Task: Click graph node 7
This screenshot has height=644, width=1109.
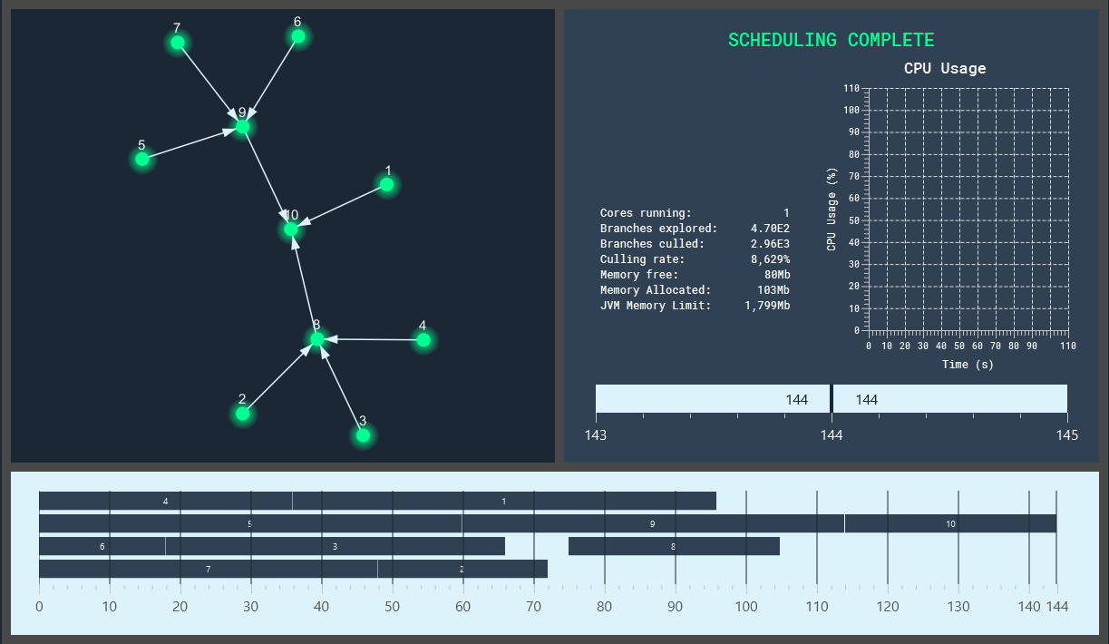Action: click(178, 43)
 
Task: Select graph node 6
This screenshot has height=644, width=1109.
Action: click(297, 36)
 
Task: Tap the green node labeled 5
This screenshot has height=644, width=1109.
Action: click(142, 160)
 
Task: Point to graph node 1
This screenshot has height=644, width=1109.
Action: click(387, 185)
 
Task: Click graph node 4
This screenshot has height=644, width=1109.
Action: click(423, 340)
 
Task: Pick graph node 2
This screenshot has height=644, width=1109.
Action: click(242, 414)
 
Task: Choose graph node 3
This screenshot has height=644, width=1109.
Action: click(363, 435)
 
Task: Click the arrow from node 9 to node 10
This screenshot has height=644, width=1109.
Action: click(267, 178)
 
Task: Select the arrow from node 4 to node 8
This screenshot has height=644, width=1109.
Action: click(372, 340)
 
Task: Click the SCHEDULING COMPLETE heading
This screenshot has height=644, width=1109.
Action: click(831, 40)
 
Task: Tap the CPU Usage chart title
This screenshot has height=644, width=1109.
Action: click(945, 69)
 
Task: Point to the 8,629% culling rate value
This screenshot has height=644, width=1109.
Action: click(770, 259)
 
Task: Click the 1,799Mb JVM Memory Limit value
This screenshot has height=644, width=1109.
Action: click(767, 306)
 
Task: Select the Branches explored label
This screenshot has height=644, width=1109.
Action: click(658, 229)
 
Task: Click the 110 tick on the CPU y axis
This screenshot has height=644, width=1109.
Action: click(851, 88)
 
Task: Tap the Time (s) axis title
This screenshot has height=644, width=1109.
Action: click(968, 365)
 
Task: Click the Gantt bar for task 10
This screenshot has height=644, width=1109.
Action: click(950, 523)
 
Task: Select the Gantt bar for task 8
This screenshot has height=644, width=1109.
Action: click(674, 546)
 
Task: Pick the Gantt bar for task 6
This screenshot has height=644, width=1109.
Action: click(102, 546)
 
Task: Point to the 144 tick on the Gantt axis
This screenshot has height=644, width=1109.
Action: click(1056, 606)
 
